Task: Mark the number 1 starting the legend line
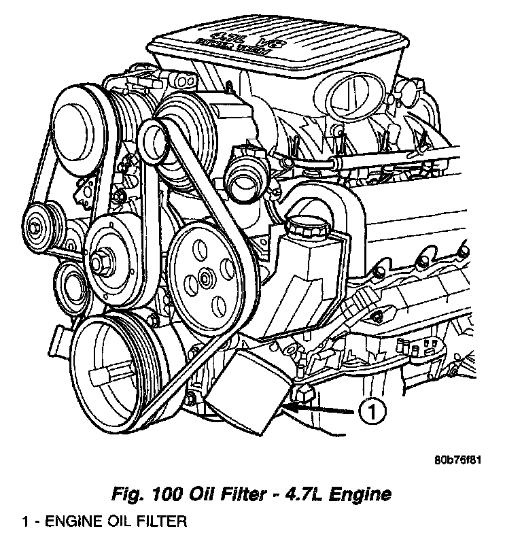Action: (25, 522)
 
